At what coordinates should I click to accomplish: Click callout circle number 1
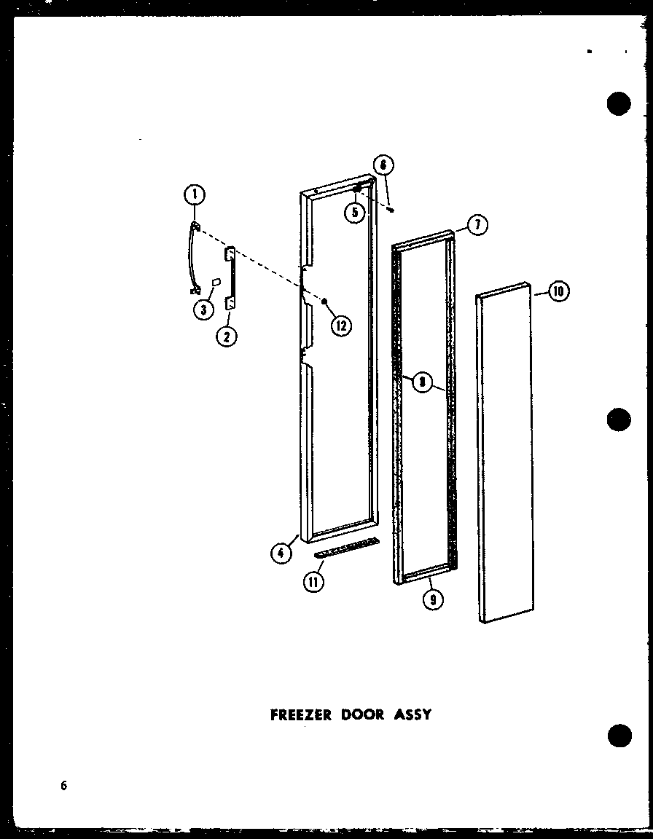pos(195,194)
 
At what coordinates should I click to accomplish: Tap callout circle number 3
pos(204,310)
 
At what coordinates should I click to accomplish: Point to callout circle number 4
pos(281,553)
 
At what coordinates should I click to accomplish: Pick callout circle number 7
pos(477,226)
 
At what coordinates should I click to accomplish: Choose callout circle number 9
pos(433,600)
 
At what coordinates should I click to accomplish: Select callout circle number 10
pos(558,292)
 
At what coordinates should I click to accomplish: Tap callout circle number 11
pos(314,581)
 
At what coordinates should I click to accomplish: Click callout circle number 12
pos(340,326)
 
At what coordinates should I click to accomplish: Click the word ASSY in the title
pos(412,714)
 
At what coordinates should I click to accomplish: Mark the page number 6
pos(64,785)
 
